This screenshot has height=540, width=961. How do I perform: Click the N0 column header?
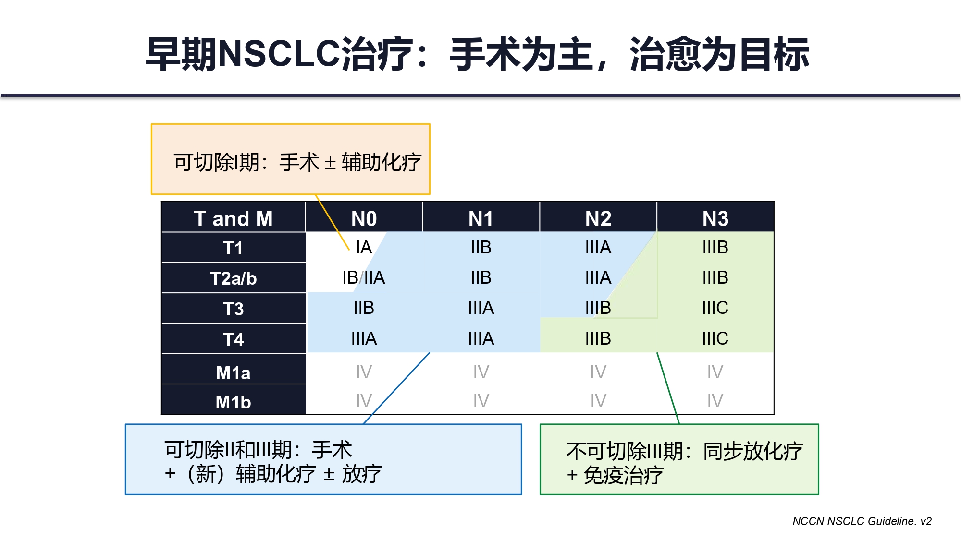364,219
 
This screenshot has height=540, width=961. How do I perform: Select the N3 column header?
715,219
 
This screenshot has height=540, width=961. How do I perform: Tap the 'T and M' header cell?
234,219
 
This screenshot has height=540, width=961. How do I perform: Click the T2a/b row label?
234,278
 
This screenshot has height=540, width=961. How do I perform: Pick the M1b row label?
234,402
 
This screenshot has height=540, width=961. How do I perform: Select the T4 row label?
234,339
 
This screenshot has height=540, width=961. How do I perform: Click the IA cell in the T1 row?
364,248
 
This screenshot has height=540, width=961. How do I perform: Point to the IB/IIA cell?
364,278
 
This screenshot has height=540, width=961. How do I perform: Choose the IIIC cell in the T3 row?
715,308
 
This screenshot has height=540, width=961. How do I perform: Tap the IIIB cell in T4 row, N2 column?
598,339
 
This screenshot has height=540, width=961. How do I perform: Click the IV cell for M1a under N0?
364,372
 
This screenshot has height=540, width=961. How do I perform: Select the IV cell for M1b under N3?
715,401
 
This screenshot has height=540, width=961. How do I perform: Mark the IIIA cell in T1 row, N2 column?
598,248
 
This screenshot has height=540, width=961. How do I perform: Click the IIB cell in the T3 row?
364,308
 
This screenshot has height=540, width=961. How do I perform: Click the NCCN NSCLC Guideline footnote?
862,521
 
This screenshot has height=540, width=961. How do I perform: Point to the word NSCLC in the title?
279,54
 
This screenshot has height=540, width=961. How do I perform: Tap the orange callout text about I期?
297,162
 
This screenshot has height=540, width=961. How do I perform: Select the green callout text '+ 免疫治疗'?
615,476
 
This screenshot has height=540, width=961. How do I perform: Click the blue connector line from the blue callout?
396,388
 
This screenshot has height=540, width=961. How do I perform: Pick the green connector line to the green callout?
668,388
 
